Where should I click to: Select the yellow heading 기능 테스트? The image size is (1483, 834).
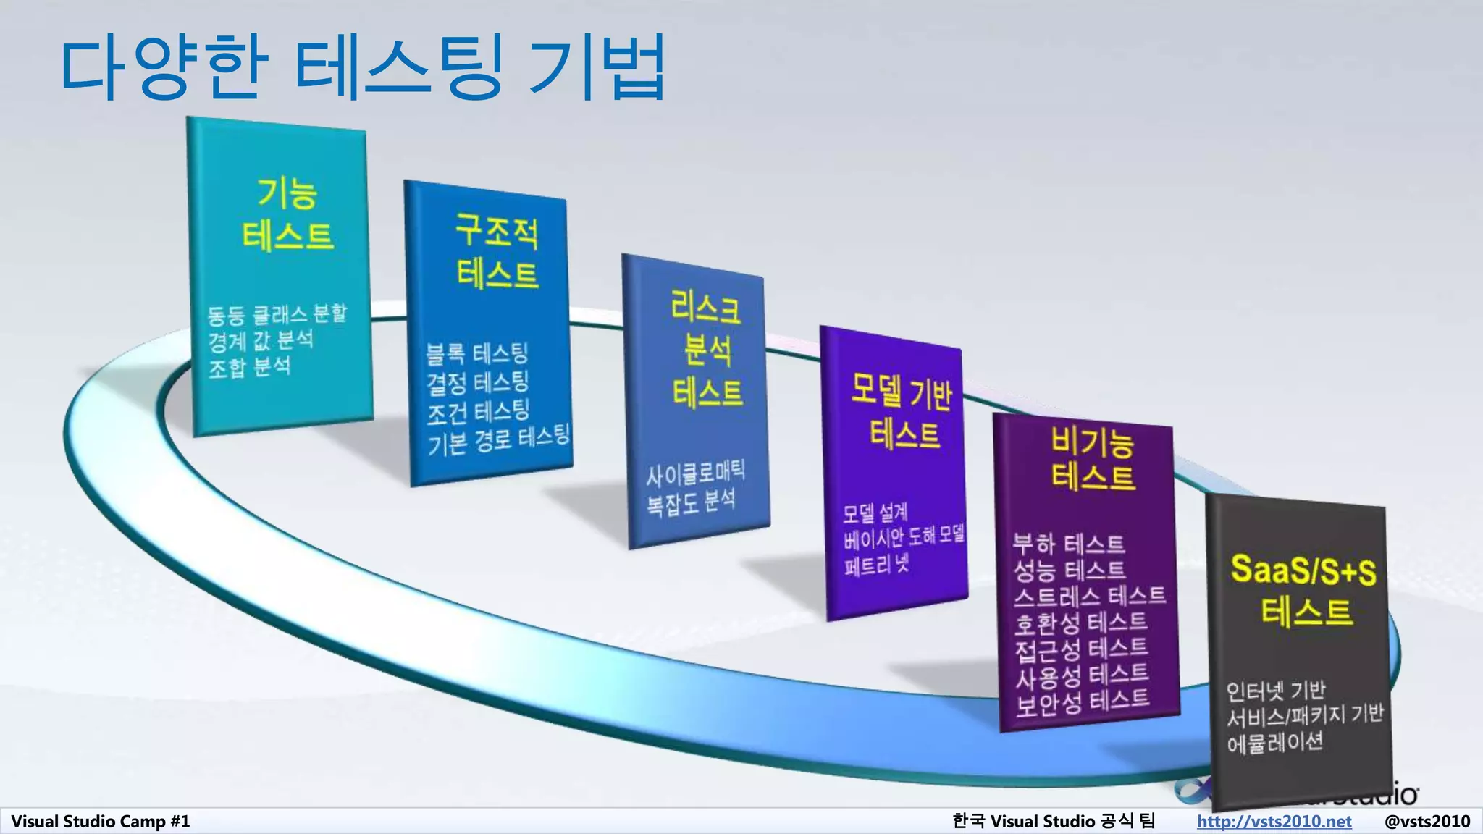pyautogui.click(x=287, y=214)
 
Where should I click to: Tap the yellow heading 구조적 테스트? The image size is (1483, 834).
pyautogui.click(x=497, y=251)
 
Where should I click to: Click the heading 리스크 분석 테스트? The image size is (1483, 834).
pyautogui.click(x=707, y=350)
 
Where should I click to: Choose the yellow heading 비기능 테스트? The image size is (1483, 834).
pyautogui.click(x=1092, y=459)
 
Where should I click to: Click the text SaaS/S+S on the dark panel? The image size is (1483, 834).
pyautogui.click(x=1303, y=570)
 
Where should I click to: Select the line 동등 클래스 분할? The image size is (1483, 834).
pyautogui.click(x=277, y=314)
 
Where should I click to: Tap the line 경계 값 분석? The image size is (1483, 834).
pyautogui.click(x=261, y=340)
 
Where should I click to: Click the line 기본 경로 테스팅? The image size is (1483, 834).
pyautogui.click(x=498, y=439)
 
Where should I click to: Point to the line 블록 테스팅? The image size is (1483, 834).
pyautogui.click(x=476, y=354)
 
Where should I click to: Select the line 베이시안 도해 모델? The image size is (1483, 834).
pyautogui.click(x=904, y=536)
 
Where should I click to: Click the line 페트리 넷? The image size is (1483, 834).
pyautogui.click(x=876, y=564)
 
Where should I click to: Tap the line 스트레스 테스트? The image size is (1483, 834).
pyautogui.click(x=1089, y=596)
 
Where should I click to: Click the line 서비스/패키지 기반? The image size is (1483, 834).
pyautogui.click(x=1304, y=715)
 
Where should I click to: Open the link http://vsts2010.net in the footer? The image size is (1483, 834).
pyautogui.click(x=1274, y=821)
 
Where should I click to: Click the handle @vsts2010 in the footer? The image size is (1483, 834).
pyautogui.click(x=1427, y=821)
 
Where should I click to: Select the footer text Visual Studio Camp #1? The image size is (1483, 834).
pyautogui.click(x=100, y=821)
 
